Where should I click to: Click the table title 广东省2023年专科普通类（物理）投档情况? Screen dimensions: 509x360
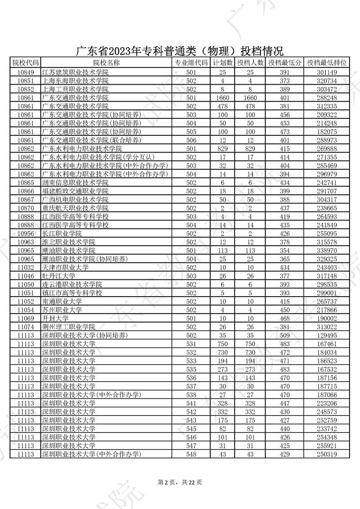[180, 50]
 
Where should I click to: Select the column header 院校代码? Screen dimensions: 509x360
[25, 63]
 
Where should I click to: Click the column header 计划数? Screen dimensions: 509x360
[222, 63]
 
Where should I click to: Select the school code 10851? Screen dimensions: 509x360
[25, 81]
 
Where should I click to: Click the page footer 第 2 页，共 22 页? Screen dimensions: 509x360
[180, 482]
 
